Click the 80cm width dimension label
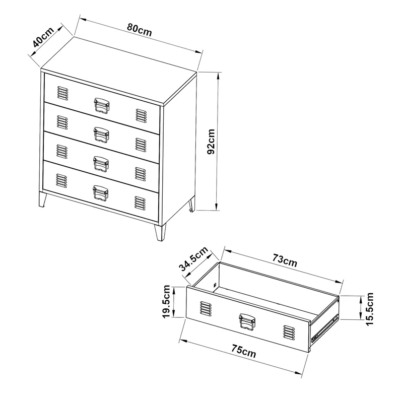pos(140,30)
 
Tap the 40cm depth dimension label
pos(43,37)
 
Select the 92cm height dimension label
pos(211,142)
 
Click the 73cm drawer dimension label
pos(285,259)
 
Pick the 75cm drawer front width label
pos(244,351)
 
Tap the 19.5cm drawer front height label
pos(167,301)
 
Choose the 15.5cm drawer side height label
pos(369,309)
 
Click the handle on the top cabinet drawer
pos(102,105)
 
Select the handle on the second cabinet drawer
pos(101,135)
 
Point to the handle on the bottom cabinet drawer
pos(101,193)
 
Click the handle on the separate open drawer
pos(247,321)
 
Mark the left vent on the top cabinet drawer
pos(62,93)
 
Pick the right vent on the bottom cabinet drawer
pos(140,203)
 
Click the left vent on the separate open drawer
pos(206,309)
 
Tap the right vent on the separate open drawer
pos(289,332)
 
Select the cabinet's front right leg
pos(160,232)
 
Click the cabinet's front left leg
pos(42,198)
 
